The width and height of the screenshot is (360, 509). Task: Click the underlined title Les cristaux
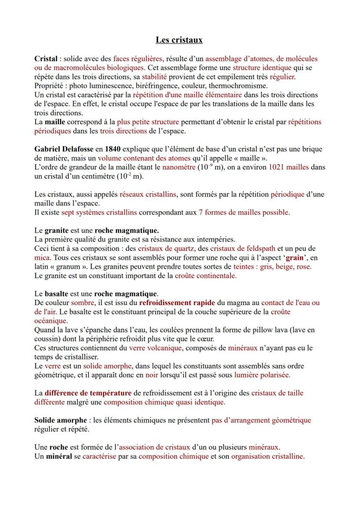pyautogui.click(x=179, y=40)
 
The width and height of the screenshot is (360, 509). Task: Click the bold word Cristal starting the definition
pyautogui.click(x=46, y=59)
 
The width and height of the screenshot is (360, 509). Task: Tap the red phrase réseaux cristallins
pyautogui.click(x=148, y=194)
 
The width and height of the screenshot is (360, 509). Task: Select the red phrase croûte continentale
pyautogui.click(x=206, y=276)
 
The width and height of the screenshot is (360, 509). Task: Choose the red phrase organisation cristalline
pyautogui.click(x=267, y=456)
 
